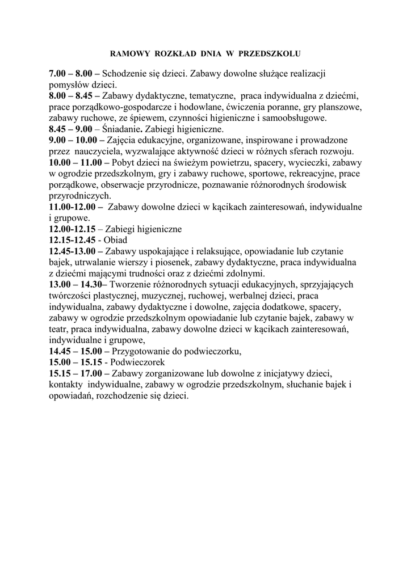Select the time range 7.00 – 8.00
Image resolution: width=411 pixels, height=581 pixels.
point(74,74)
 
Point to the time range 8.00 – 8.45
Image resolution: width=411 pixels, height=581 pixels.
point(74,96)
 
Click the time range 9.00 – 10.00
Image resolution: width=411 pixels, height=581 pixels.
point(76,140)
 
